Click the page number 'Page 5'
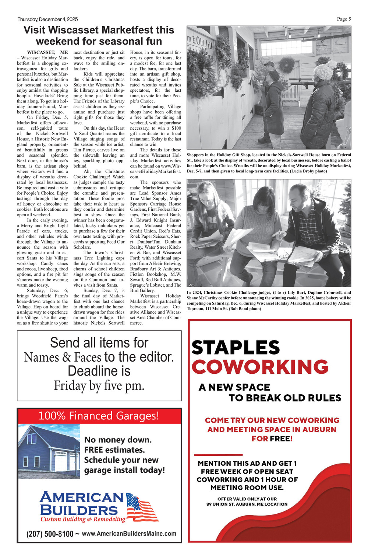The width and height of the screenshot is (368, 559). tap(344, 19)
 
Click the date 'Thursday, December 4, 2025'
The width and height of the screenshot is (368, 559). tap(47, 20)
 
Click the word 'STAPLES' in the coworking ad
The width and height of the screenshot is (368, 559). tap(236, 347)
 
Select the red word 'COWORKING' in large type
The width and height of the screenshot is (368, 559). tap(260, 367)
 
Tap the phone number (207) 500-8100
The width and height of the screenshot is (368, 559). tap(50, 534)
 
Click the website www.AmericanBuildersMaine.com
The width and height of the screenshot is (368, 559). tap(129, 533)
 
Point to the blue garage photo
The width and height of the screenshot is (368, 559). tap(49, 451)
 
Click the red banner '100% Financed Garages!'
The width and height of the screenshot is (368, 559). tap(99, 416)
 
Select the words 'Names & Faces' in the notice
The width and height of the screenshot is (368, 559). tap(63, 357)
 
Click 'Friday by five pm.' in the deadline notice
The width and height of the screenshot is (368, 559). tap(99, 385)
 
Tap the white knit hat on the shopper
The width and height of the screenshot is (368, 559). tap(323, 72)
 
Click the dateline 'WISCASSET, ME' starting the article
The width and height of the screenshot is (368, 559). tap(47, 52)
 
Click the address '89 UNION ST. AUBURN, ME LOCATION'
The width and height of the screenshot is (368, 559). tap(247, 504)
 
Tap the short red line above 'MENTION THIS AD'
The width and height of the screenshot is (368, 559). tap(218, 455)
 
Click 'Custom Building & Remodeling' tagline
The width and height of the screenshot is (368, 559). tap(83, 519)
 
